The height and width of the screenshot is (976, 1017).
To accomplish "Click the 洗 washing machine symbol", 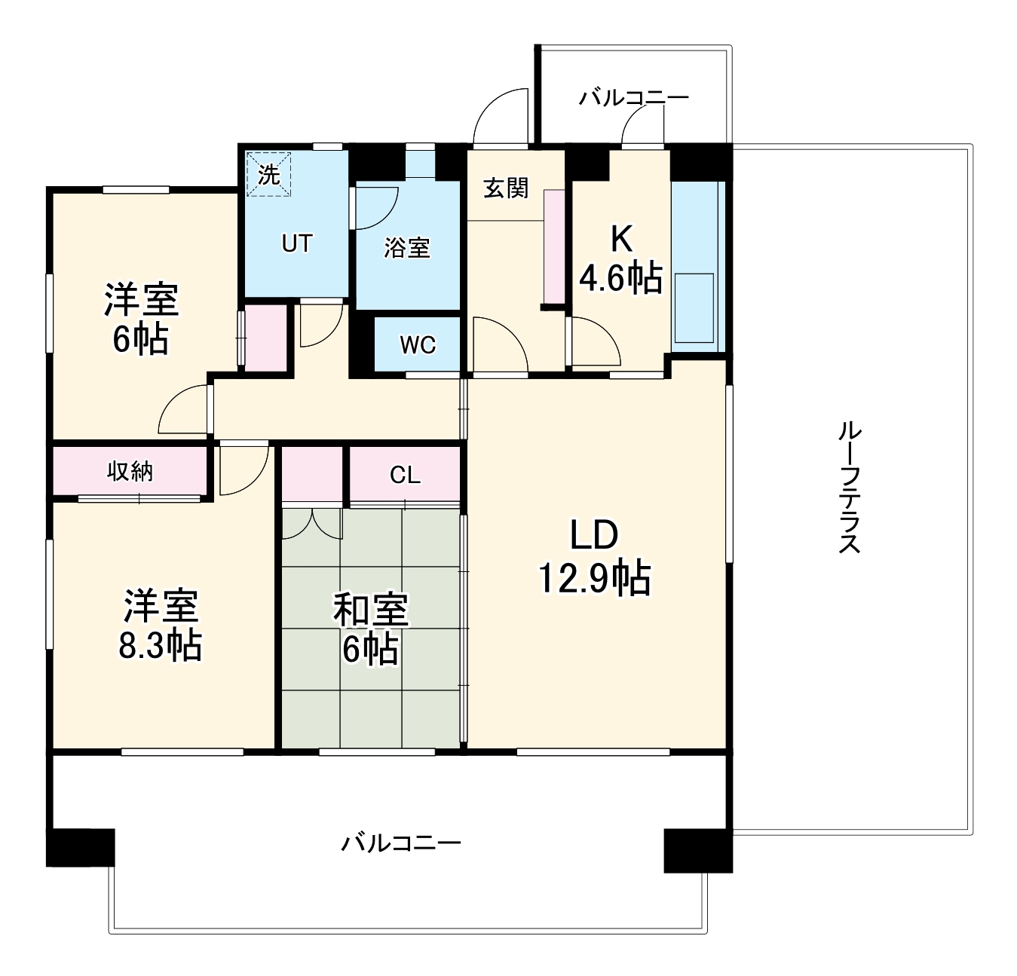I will pos(268,174).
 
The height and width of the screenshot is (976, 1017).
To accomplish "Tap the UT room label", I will pos(296,243).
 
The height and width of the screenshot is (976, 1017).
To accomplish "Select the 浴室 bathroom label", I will pos(407,247).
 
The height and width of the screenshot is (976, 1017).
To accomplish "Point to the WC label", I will pos(418,344).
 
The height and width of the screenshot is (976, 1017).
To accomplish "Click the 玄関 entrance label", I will pos(505,188).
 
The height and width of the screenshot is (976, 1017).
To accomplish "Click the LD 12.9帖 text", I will pos(595,557).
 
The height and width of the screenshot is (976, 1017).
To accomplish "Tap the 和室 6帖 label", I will pos(371,629).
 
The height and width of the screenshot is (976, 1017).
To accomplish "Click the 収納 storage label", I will pos(130,471).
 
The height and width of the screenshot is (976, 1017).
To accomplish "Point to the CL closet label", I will pos(405,475).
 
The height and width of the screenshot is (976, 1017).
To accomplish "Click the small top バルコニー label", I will pos(633,98).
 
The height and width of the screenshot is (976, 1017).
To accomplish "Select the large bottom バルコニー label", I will pos(400,842).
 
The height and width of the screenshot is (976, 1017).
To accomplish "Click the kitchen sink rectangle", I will pos(694,308).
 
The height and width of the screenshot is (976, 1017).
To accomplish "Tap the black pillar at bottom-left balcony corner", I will pos(81,847).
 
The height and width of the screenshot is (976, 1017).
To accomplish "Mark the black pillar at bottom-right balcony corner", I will pos(697,850).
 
